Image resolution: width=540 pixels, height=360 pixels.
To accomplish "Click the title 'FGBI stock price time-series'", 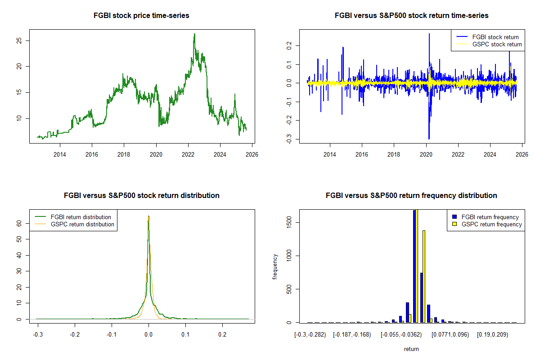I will coord(141,16).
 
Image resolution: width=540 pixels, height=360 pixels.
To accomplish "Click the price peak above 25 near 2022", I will coord(194,34).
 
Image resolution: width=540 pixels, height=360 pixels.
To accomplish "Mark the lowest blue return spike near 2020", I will coord(429,138).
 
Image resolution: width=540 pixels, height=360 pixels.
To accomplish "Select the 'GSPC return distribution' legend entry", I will coord(82,224).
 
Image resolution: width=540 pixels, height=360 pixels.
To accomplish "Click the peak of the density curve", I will coord(148,216).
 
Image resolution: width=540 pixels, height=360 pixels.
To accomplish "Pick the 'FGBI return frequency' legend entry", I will coord(490,217).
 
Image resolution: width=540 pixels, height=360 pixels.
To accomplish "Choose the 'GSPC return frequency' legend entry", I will coord(491,224).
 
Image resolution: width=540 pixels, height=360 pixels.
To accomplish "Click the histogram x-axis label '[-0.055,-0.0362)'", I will coord(401,335).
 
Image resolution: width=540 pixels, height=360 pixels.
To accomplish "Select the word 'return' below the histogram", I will coord(411,349).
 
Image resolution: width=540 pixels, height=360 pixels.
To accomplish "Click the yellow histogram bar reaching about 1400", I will coord(424,276).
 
